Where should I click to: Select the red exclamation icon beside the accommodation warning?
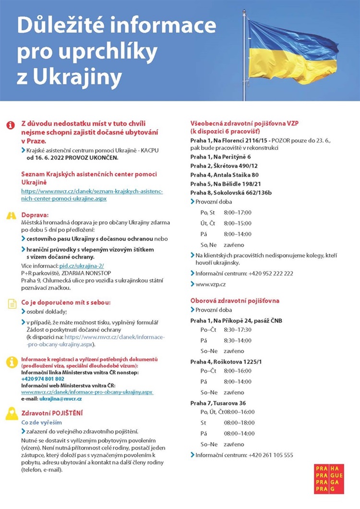click(11, 125)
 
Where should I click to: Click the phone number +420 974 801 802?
click(43, 378)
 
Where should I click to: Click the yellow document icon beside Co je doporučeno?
click(11, 303)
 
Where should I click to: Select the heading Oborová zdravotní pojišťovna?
click(235, 301)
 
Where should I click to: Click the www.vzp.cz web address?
click(211, 284)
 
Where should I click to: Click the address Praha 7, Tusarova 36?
click(218, 403)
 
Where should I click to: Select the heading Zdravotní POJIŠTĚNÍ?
click(52, 412)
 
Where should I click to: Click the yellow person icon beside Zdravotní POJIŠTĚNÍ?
click(12, 414)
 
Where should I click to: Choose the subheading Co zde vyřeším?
click(41, 422)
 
